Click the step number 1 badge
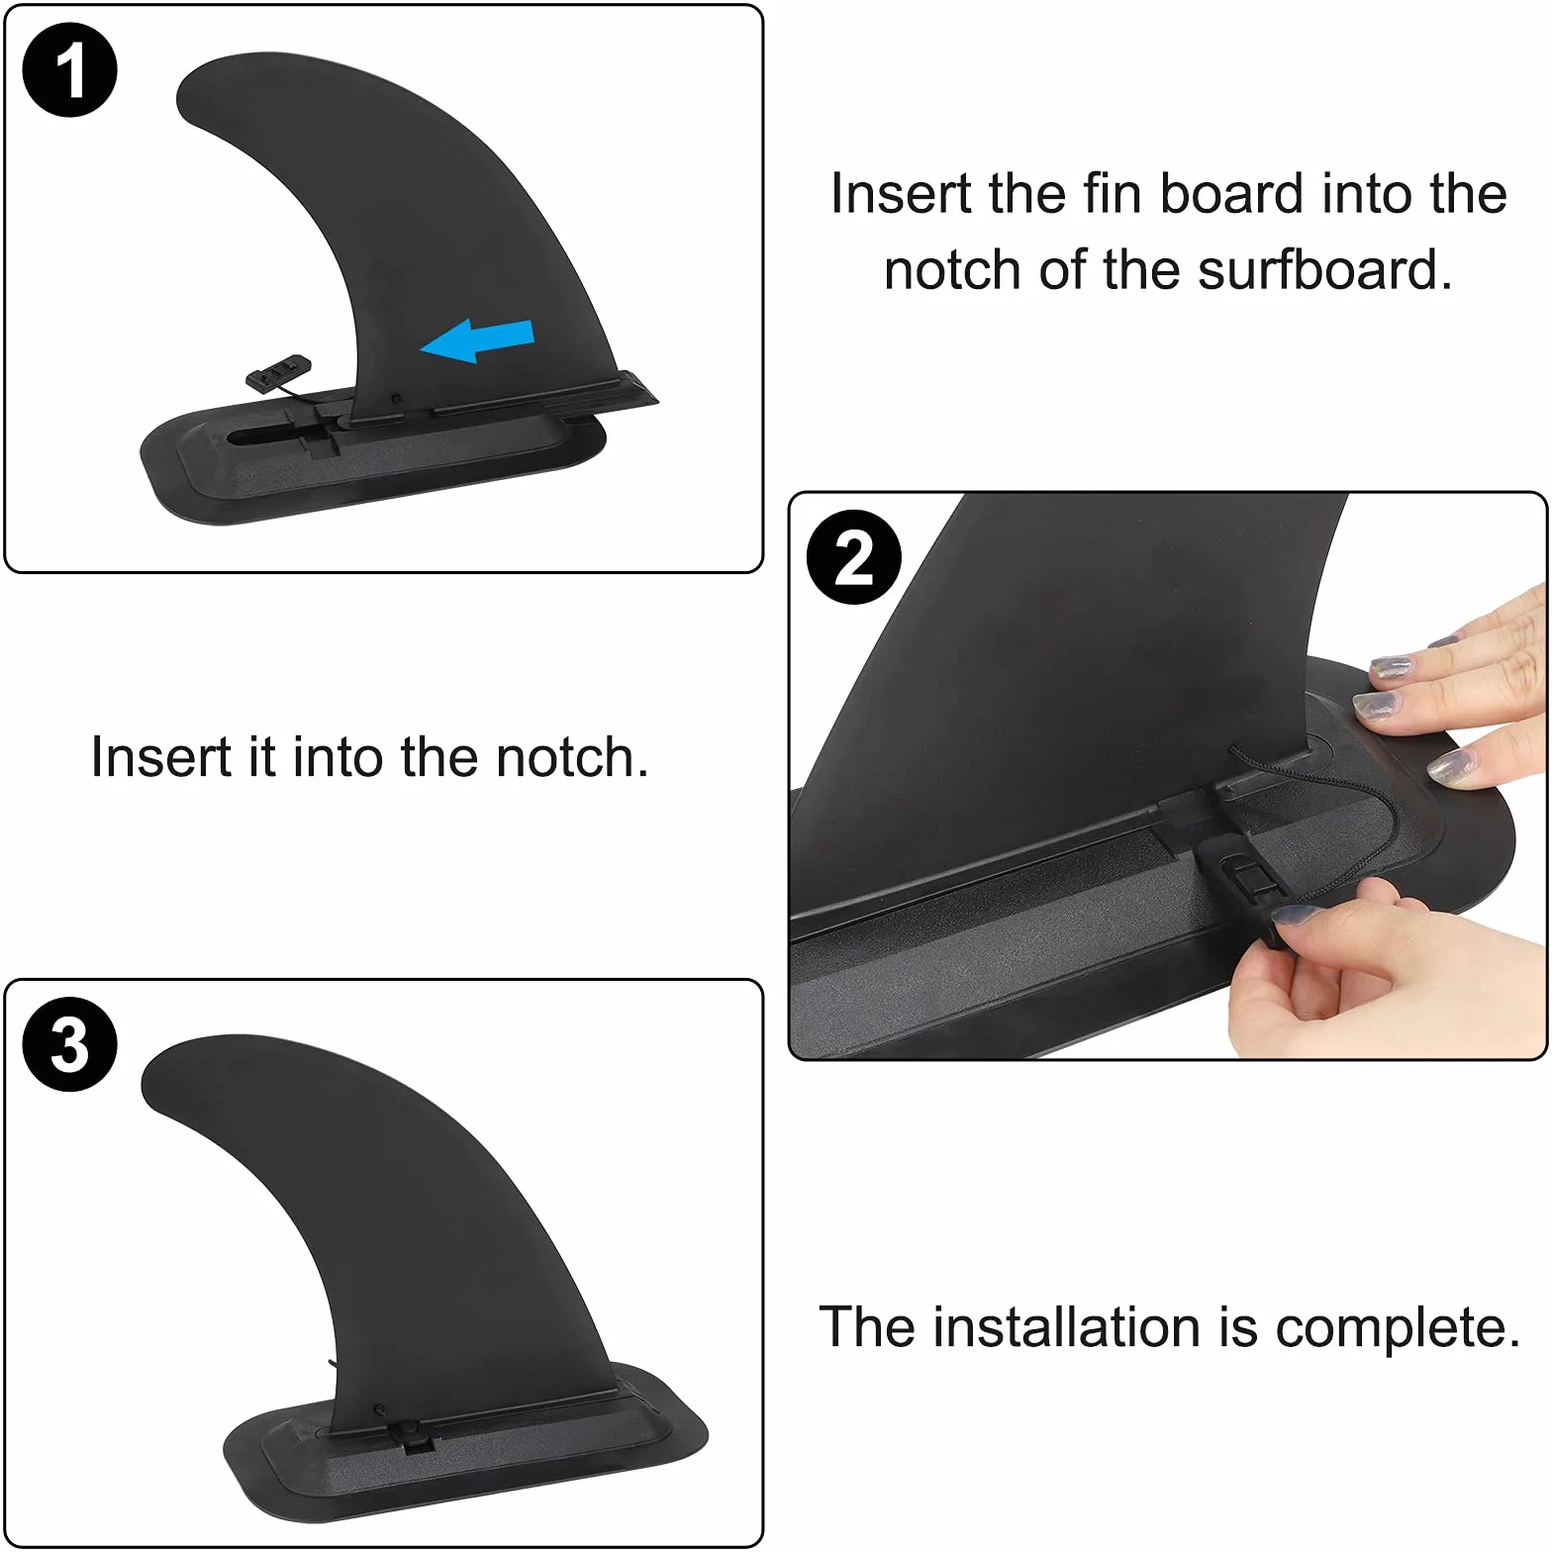(69, 69)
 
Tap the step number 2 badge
(854, 558)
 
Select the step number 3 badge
(69, 1044)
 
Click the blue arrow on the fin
(477, 341)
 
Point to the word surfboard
(1324, 269)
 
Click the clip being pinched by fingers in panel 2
(1237, 876)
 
